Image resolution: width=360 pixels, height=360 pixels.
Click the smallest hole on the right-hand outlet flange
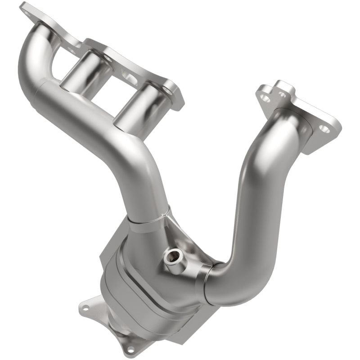[282, 94]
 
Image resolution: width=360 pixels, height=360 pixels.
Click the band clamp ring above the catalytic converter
[148, 215]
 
